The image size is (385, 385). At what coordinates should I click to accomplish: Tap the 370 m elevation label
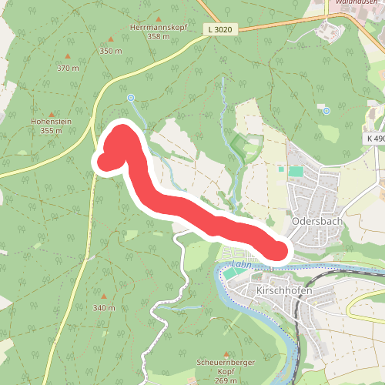click(68, 68)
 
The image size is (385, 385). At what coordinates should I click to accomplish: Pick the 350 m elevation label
click(110, 51)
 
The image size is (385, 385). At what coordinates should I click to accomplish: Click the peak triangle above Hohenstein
click(52, 111)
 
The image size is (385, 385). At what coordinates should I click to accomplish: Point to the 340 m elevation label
click(104, 308)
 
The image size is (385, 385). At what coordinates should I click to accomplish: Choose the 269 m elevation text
click(215, 380)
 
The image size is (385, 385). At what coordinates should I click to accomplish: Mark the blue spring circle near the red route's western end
click(131, 98)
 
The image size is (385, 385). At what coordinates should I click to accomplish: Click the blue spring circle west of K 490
click(326, 111)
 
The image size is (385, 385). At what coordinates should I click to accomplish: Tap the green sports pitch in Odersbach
click(296, 170)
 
